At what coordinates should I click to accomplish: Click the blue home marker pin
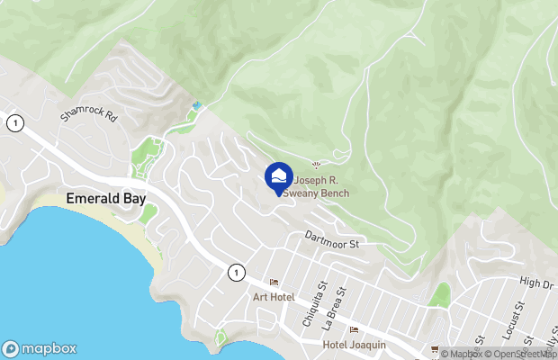[279, 176]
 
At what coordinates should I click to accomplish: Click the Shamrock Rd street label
[89, 115]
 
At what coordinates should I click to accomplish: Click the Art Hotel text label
[273, 297]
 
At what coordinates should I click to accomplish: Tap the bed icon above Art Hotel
[274, 283]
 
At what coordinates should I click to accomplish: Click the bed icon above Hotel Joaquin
[354, 329]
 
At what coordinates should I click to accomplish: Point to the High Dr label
[536, 283]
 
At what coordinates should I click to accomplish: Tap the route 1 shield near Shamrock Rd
[14, 123]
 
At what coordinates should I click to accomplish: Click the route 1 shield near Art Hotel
[236, 271]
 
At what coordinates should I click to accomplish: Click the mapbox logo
[40, 348]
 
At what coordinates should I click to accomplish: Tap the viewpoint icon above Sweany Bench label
[315, 164]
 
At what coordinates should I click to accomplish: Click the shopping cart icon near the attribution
[435, 349]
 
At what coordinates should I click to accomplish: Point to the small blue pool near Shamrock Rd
[196, 106]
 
